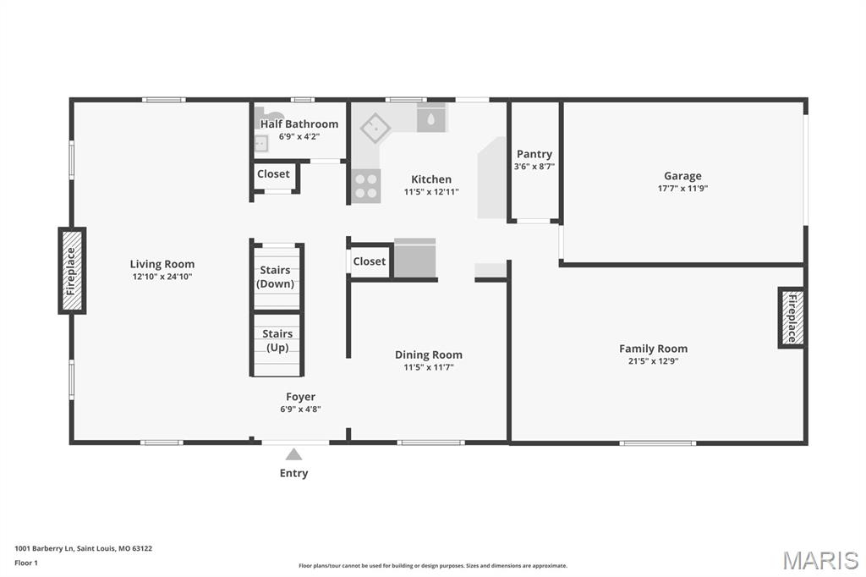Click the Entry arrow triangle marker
pos(293,454)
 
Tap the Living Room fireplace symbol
pos(72,271)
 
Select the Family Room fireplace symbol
pos(792,317)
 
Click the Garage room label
pos(682,176)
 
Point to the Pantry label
pos(534,154)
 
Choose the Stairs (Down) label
pos(276,278)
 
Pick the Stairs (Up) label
pos(277,340)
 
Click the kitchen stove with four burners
pos(365,185)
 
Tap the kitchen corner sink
pos(374,129)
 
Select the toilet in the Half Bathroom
pos(269,116)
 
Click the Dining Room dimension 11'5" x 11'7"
pos(429,367)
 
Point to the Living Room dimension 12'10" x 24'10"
pos(162,277)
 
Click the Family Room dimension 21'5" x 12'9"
pos(653,361)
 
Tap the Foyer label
pos(300,396)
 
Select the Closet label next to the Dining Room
pos(370,261)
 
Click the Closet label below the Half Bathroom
pos(273,174)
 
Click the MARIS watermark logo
pos(819,559)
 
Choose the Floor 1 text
pos(26,562)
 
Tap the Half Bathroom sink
pos(260,144)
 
